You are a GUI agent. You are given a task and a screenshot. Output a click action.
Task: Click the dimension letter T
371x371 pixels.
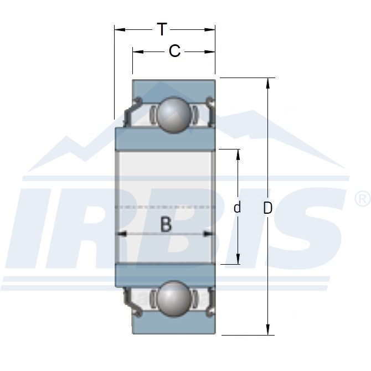(162, 29)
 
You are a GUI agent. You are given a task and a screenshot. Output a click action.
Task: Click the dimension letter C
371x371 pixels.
(174, 51)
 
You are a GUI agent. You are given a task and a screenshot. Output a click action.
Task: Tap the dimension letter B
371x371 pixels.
(166, 224)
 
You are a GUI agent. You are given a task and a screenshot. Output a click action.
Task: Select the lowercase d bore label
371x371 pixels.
(237, 207)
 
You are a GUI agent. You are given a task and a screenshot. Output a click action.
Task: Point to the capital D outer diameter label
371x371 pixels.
(267, 208)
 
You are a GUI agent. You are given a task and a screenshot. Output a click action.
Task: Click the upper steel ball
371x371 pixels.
(174, 115)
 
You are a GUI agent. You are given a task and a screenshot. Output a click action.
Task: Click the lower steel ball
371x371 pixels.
(174, 299)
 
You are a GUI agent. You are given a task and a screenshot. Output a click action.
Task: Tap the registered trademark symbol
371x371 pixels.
(363, 199)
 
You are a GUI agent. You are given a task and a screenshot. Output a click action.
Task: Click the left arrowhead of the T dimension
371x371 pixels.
(120, 30)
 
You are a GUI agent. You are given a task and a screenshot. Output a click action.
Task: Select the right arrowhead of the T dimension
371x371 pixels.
(210, 30)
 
